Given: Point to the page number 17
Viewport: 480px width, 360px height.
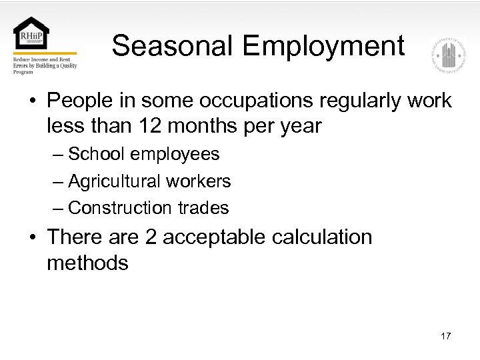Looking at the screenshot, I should coord(445,336).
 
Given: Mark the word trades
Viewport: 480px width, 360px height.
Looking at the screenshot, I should coord(203,208).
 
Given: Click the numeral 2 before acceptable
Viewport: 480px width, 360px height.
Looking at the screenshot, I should coord(150,237).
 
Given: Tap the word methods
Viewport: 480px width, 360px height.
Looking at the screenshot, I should coord(87,263).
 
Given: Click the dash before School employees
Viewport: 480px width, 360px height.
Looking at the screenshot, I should coord(59,155).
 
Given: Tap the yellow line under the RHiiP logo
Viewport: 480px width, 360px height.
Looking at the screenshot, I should coord(44,53).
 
